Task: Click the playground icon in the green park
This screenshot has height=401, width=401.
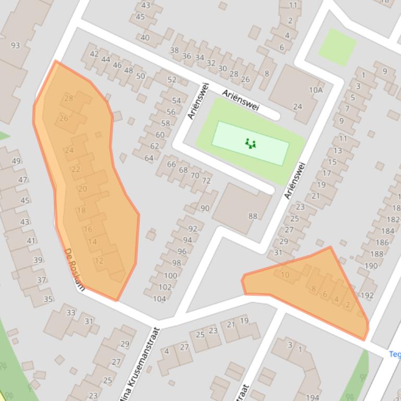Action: [x=250, y=143]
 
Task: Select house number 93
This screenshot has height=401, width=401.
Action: [x=15, y=45]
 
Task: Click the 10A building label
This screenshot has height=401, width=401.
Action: [x=315, y=90]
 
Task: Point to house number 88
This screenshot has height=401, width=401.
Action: [x=253, y=216]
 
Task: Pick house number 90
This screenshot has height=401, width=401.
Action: [x=205, y=208]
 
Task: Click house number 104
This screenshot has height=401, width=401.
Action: [x=159, y=299]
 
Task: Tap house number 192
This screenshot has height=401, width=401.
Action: [x=367, y=295]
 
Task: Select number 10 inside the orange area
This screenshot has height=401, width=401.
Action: [x=285, y=275]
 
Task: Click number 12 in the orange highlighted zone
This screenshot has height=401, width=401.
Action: [x=99, y=261]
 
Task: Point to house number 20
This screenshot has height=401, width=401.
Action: [x=82, y=189]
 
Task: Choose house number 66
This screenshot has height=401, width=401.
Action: [x=172, y=164]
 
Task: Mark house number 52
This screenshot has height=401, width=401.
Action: [x=172, y=80]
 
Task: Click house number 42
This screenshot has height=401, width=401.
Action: [x=94, y=54]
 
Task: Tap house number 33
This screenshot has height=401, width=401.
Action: [x=71, y=312]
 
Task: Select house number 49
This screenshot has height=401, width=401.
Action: [x=16, y=161]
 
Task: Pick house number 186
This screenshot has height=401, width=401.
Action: [x=382, y=242]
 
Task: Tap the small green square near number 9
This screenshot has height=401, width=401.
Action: [x=337, y=47]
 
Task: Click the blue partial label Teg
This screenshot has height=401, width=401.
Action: [x=394, y=355]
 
